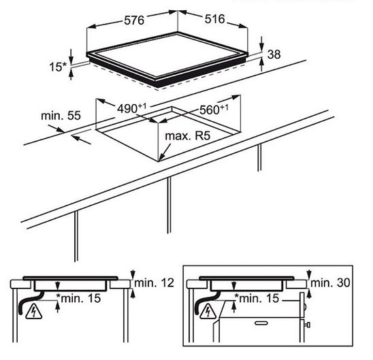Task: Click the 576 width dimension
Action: (x=134, y=20)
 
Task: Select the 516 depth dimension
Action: (x=214, y=19)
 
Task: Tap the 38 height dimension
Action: (x=274, y=54)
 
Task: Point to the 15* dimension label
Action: (x=58, y=67)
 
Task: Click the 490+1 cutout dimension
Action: (x=131, y=108)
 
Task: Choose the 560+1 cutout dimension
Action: (x=214, y=110)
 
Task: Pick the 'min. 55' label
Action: (x=61, y=116)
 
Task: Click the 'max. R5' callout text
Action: (x=188, y=136)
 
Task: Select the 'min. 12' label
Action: (x=154, y=283)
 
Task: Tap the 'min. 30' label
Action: (x=330, y=283)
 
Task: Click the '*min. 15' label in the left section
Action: (x=78, y=298)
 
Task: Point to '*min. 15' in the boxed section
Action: (x=257, y=298)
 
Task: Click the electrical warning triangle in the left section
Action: (x=34, y=312)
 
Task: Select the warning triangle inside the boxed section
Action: (x=208, y=312)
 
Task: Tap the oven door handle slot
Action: (x=261, y=323)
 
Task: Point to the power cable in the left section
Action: (x=31, y=302)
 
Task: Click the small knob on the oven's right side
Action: (x=308, y=325)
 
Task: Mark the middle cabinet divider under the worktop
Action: (x=169, y=205)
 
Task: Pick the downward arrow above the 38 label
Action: (x=261, y=44)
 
